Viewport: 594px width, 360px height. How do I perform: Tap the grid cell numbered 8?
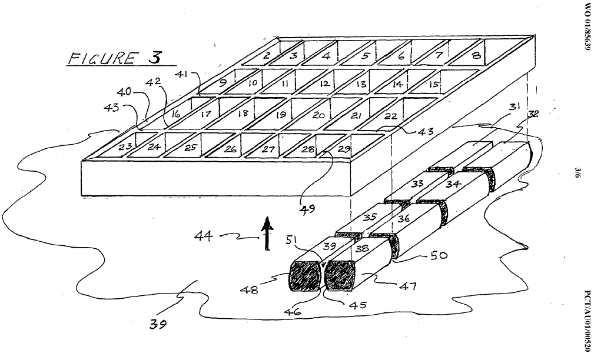tap(476, 56)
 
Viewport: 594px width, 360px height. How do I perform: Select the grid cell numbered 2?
tap(267, 56)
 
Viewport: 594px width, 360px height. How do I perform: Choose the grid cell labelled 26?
tap(230, 149)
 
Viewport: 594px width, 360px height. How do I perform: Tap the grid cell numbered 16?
tap(175, 115)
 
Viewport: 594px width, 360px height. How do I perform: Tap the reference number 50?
tap(438, 255)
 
